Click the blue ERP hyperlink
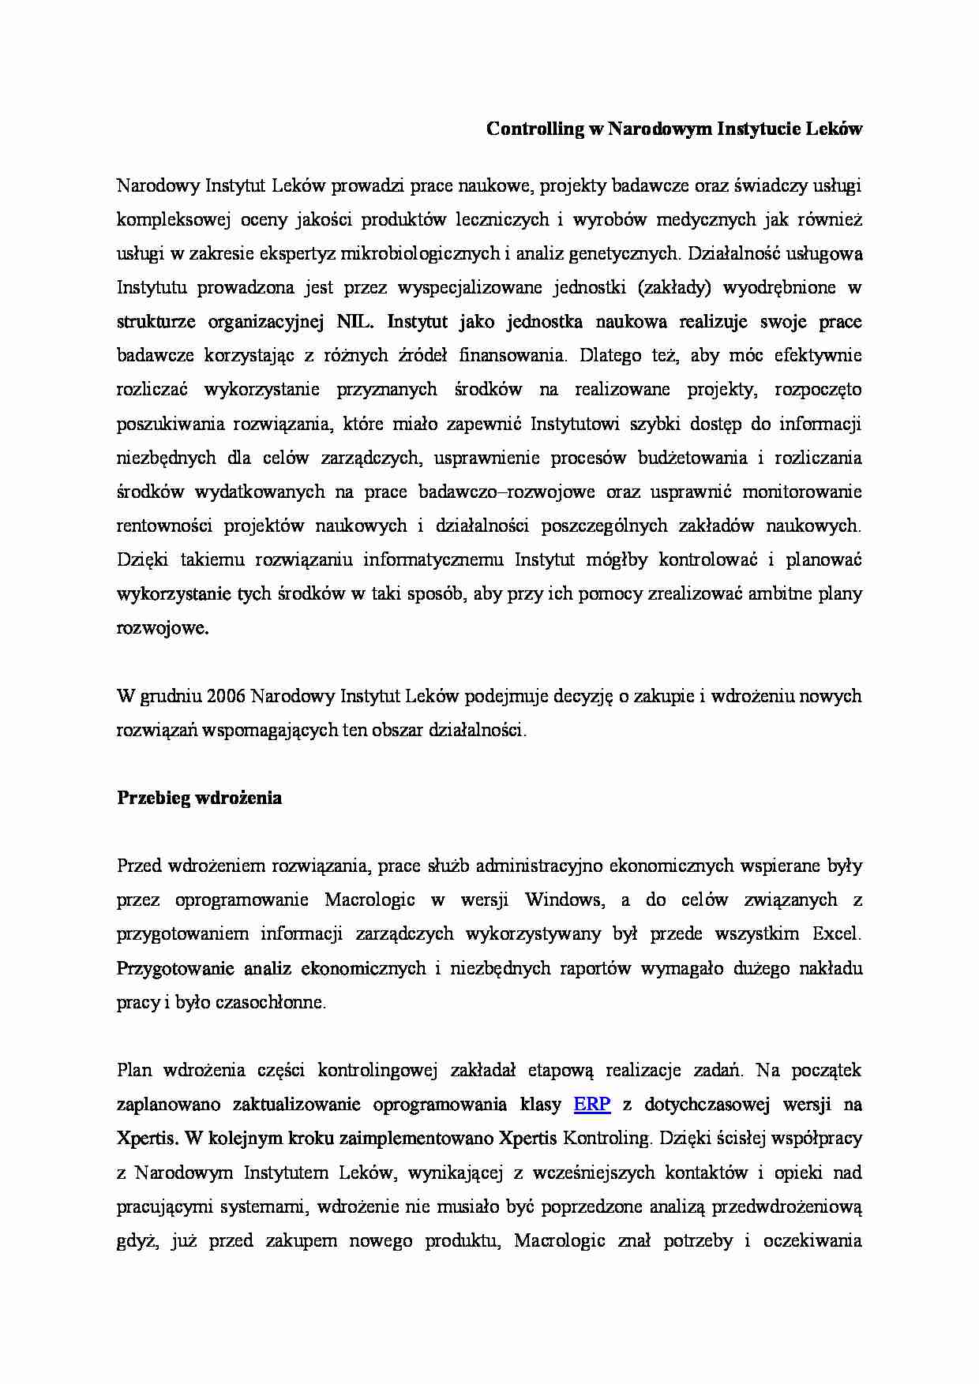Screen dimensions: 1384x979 [x=591, y=1104]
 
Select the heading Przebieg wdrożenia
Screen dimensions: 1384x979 [x=199, y=798]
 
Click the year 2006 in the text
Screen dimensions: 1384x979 [x=227, y=696]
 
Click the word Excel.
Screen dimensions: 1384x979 [x=836, y=933]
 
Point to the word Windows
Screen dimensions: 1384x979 [x=563, y=900]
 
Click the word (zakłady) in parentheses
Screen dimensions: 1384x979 [x=673, y=287]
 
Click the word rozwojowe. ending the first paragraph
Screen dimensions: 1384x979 [x=163, y=628]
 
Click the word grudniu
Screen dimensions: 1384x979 [x=171, y=696]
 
